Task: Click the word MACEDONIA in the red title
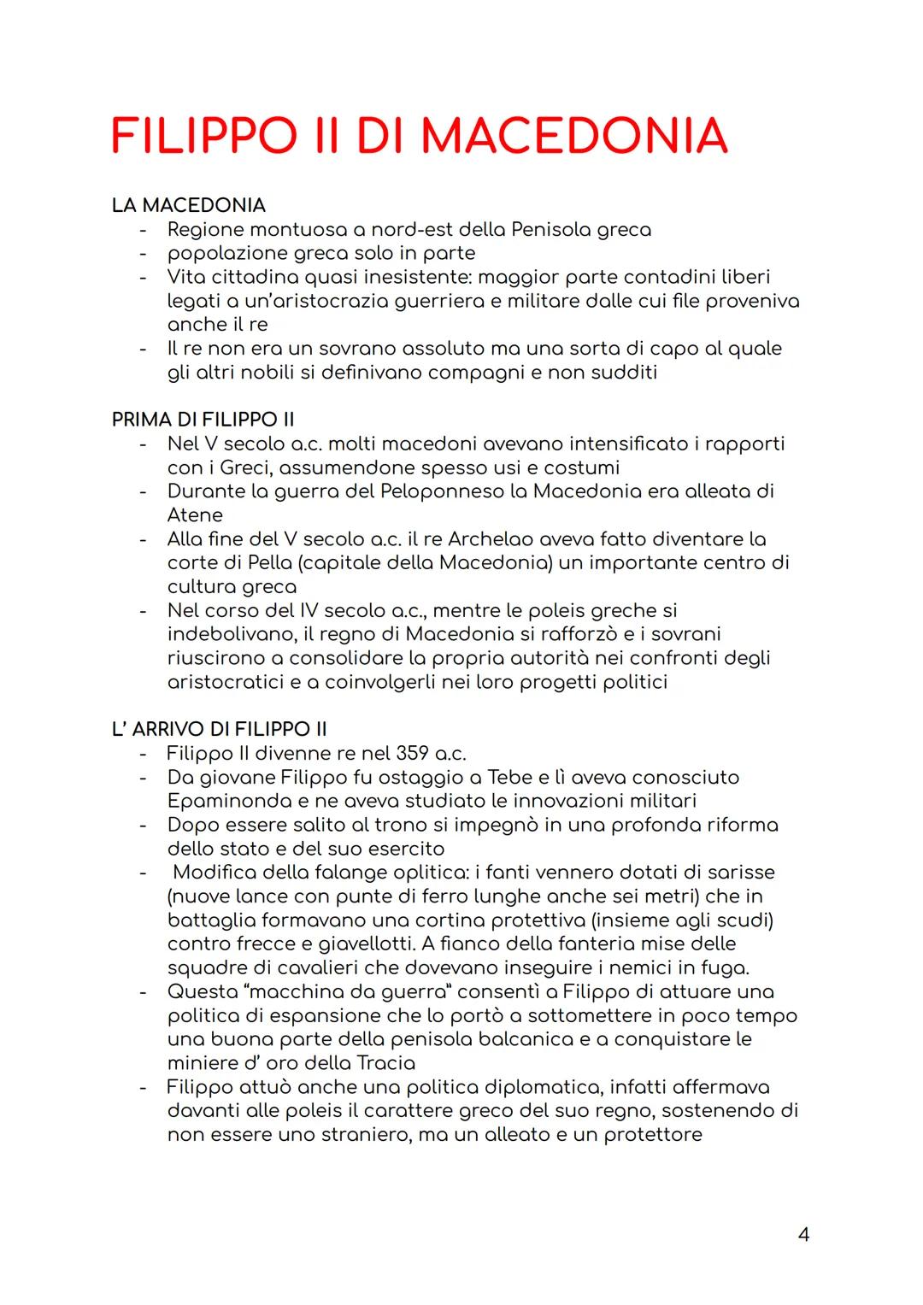(574, 137)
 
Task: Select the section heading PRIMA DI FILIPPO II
(203, 420)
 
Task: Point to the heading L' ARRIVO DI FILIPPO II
(220, 729)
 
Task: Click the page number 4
(802, 1234)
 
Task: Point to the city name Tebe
(509, 778)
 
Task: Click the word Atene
(195, 515)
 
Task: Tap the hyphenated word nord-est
(411, 230)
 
